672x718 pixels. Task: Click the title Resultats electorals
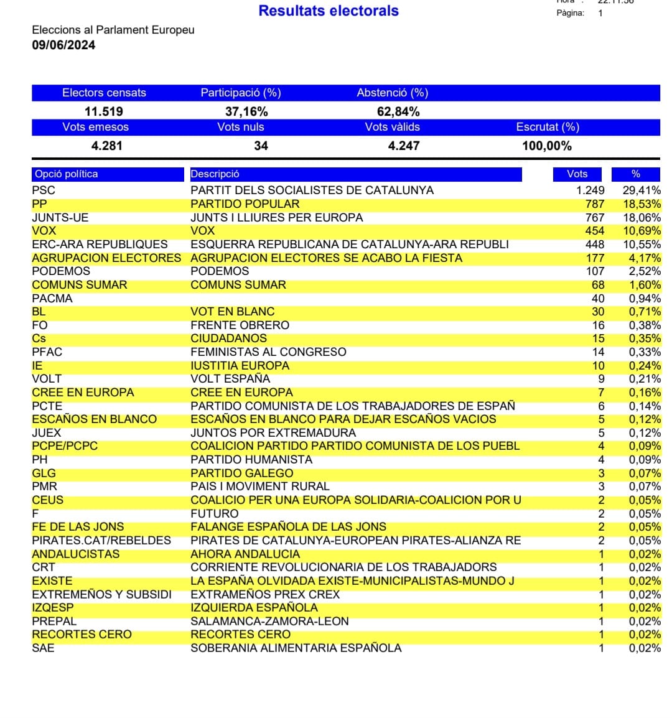[x=329, y=11]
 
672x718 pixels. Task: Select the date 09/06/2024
[x=63, y=45]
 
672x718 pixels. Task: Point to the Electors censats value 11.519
[x=104, y=111]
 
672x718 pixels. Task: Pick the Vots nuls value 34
[x=261, y=146]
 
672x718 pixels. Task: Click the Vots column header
[x=577, y=174]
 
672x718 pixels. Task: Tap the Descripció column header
[x=215, y=174]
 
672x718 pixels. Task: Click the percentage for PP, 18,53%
[x=642, y=204]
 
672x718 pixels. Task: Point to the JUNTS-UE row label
[x=60, y=218]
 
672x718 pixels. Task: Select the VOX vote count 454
[x=594, y=231]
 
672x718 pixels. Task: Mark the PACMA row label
[x=52, y=299]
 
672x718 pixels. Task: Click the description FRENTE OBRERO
[x=240, y=325]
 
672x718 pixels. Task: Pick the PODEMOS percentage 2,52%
[x=644, y=271]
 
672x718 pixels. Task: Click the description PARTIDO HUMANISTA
[x=251, y=460]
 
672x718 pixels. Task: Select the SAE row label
[x=43, y=648]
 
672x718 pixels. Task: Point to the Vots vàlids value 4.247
[x=404, y=146]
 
